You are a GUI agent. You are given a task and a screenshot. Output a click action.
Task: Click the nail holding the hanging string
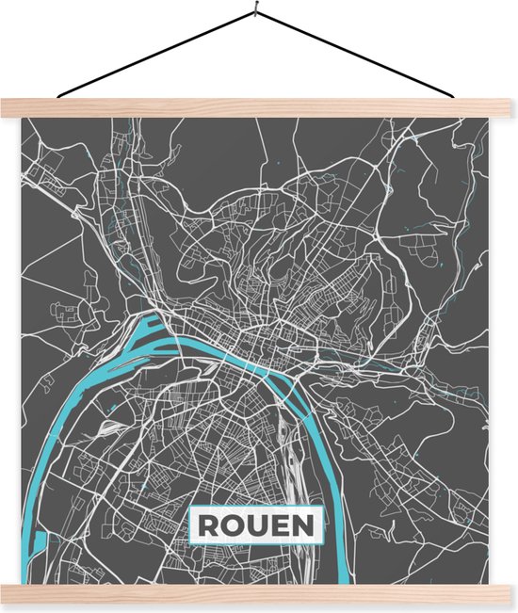point(256,12)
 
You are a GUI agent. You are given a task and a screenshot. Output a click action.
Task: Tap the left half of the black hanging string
point(155,55)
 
